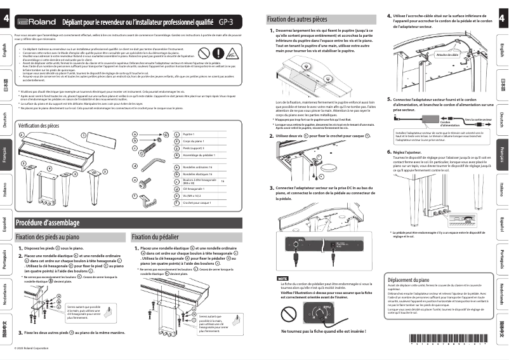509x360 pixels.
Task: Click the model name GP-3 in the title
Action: (226, 22)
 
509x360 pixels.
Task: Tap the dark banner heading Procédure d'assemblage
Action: (48, 223)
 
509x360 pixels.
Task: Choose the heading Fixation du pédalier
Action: (156, 237)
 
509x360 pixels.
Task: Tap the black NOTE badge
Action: (282, 279)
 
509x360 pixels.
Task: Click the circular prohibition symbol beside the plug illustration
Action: (289, 314)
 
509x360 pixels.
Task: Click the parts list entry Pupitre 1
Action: (188, 135)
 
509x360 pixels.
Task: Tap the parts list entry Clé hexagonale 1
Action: (193, 189)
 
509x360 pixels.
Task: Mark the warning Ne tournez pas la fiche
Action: (322, 331)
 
